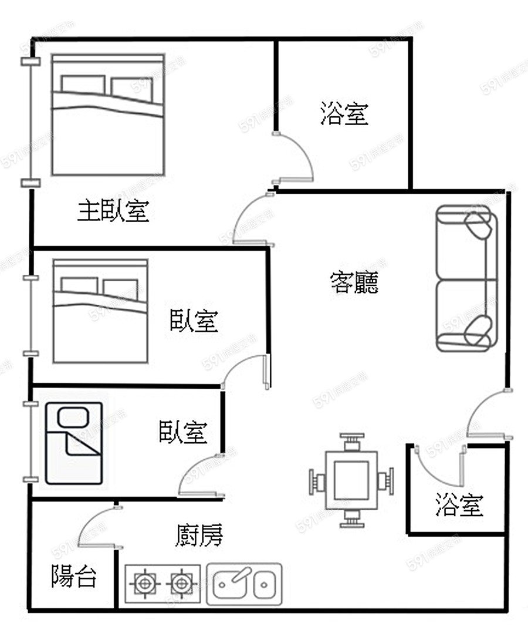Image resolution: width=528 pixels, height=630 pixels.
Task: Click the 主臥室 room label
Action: pyautogui.click(x=113, y=211)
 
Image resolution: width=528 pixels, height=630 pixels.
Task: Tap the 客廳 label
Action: pyautogui.click(x=354, y=282)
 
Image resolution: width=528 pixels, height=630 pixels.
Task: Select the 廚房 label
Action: pyautogui.click(x=199, y=535)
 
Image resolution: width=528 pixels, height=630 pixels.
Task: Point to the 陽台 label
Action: pyautogui.click(x=73, y=577)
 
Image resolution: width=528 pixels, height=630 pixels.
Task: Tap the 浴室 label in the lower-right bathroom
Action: pyautogui.click(x=459, y=504)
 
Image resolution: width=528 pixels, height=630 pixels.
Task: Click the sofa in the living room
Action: pyautogui.click(x=466, y=278)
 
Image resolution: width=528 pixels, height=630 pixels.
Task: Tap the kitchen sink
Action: pyautogui.click(x=244, y=584)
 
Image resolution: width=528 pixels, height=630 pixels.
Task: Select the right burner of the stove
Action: pyautogui.click(x=182, y=584)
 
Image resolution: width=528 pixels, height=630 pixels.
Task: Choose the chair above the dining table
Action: pyautogui.click(x=351, y=440)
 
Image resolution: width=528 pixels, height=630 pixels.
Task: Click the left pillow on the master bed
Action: pyautogui.click(x=83, y=85)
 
